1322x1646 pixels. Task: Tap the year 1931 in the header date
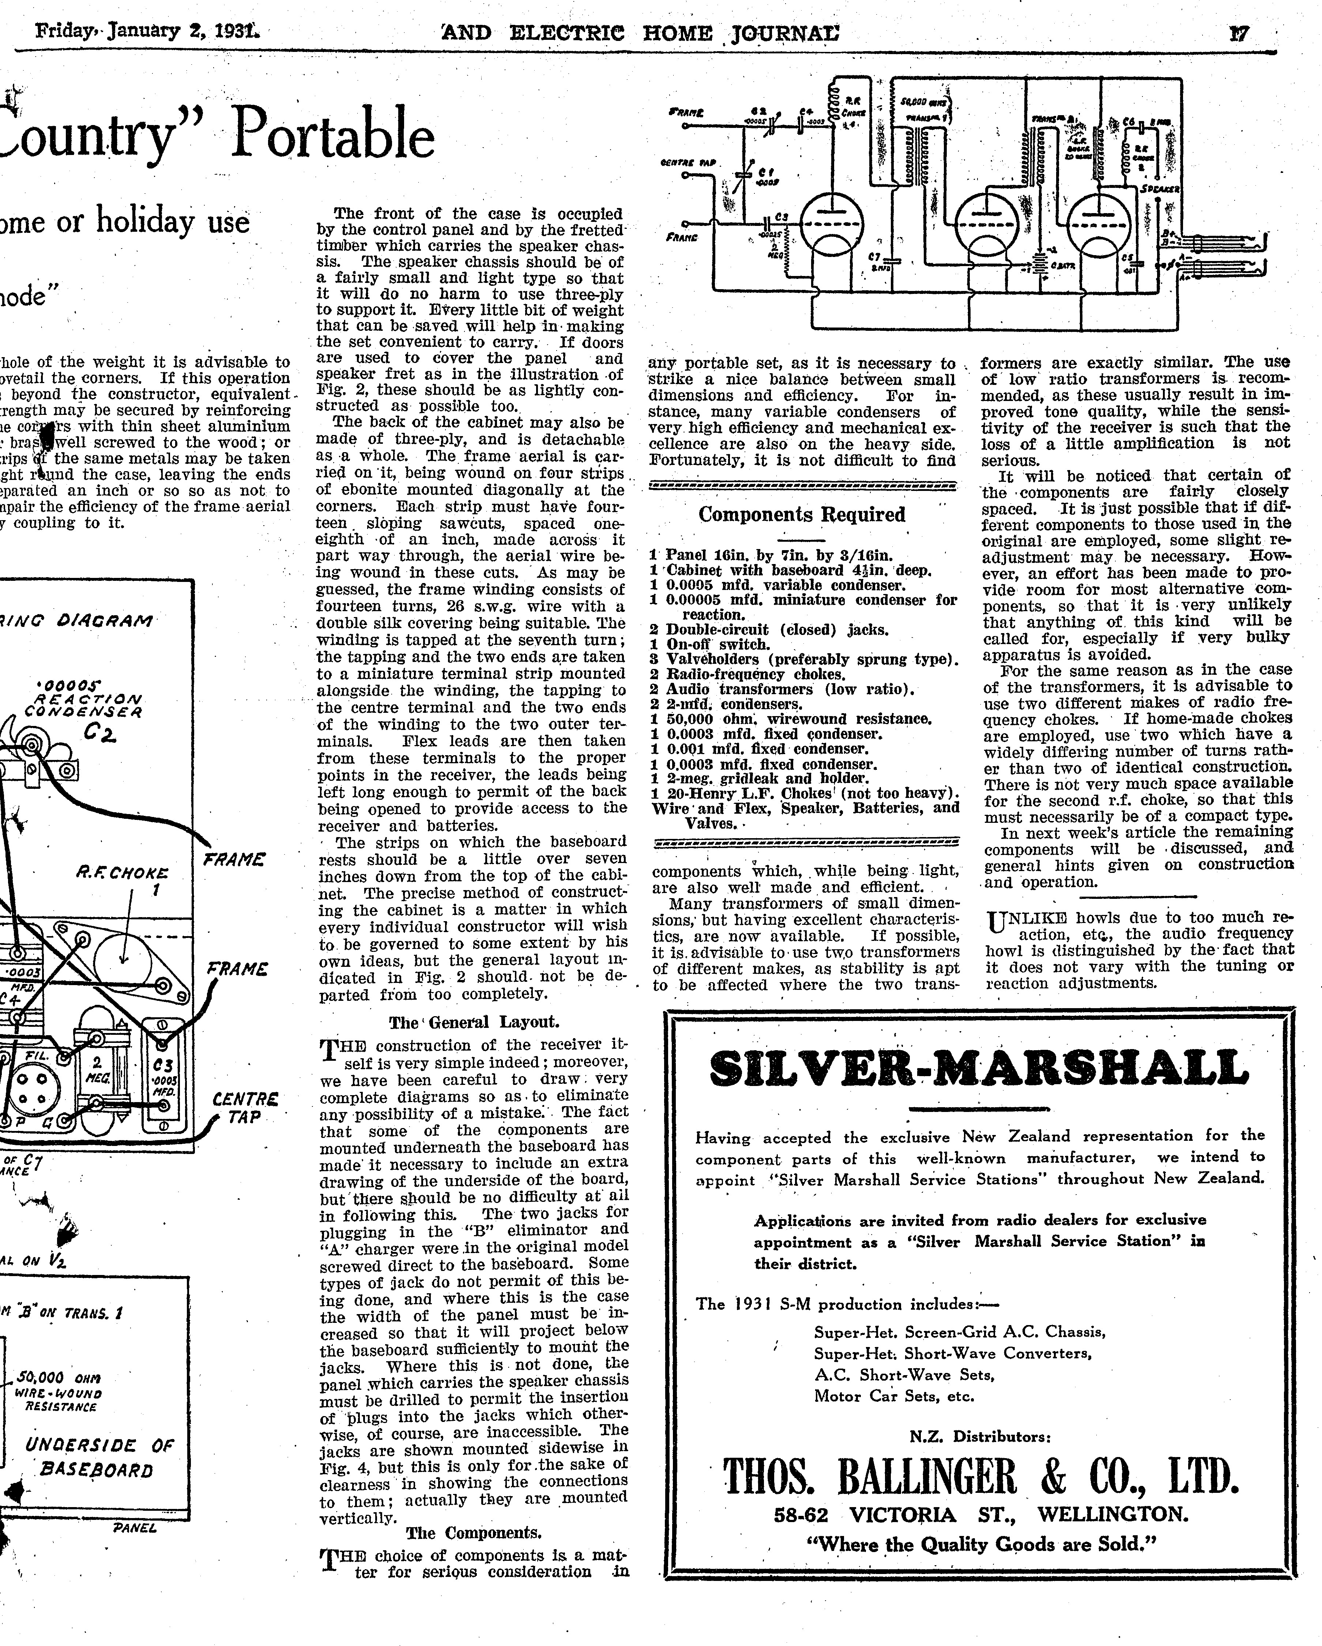tap(237, 32)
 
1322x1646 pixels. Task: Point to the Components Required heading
tap(802, 515)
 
